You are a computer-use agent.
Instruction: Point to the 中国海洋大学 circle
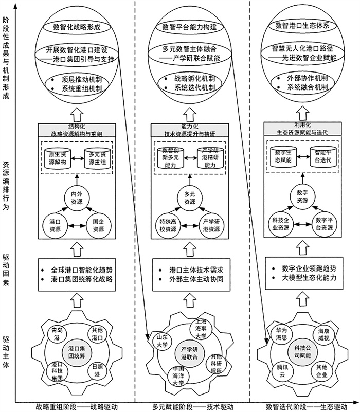[177, 375]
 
